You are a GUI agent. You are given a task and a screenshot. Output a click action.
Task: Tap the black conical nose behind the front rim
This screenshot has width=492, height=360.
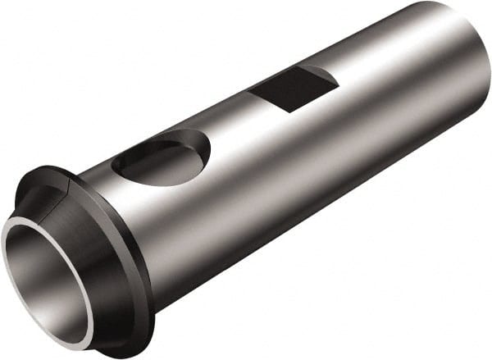(98, 246)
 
